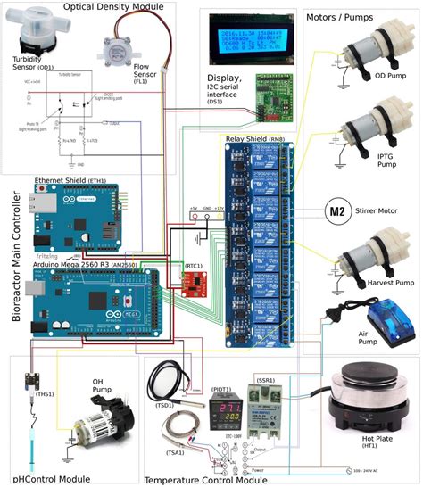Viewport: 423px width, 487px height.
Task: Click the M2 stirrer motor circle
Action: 336,211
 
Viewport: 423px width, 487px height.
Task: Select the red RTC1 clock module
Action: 194,283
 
